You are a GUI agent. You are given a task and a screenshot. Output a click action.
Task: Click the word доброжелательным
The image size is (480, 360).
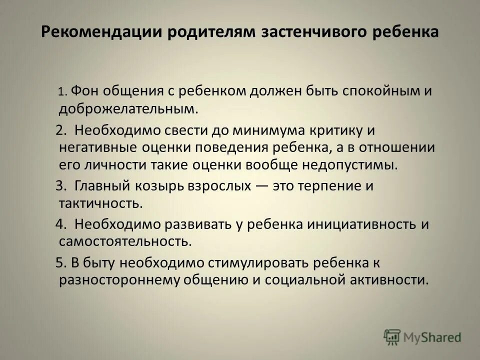point(125,107)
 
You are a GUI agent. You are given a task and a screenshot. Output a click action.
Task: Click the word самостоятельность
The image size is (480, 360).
point(124,241)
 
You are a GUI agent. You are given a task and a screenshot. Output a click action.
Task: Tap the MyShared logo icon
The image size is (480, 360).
point(392,336)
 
